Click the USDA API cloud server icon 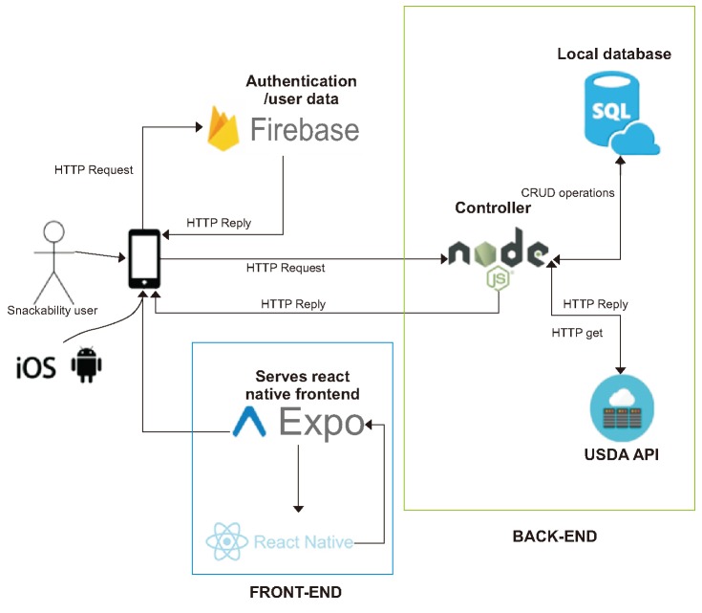[622, 407]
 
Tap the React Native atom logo [227, 542]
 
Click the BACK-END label [554, 536]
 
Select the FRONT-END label [295, 593]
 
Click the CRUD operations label [567, 192]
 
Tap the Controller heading [493, 208]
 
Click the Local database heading [614, 54]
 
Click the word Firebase [305, 129]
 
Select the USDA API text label [622, 455]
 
